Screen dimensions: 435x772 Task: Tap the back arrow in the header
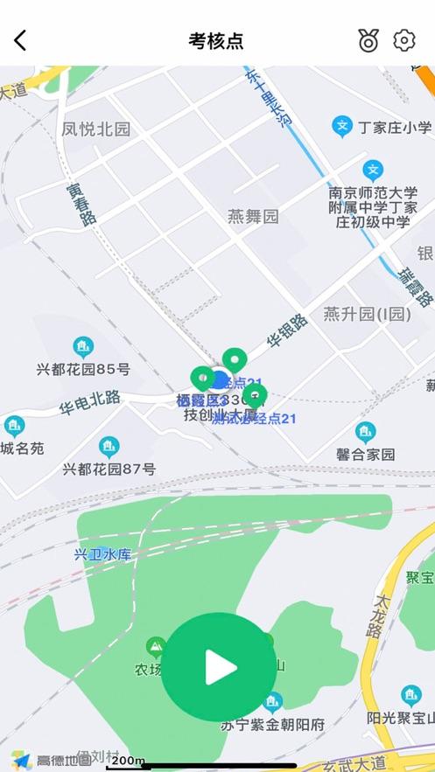20,40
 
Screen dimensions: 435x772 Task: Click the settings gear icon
403,40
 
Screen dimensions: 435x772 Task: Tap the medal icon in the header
368,40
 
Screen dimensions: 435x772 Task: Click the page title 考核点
216,40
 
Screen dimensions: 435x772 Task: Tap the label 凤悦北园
95,129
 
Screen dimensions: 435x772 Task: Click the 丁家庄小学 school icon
341,127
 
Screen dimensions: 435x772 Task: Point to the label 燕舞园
253,216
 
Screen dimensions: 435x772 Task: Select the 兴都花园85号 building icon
83,346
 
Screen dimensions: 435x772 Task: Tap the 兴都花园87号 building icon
109,447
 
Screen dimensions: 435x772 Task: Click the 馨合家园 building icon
365,432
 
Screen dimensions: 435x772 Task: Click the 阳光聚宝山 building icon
410,695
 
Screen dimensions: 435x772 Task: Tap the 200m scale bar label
129,761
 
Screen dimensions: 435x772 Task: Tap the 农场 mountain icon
157,647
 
